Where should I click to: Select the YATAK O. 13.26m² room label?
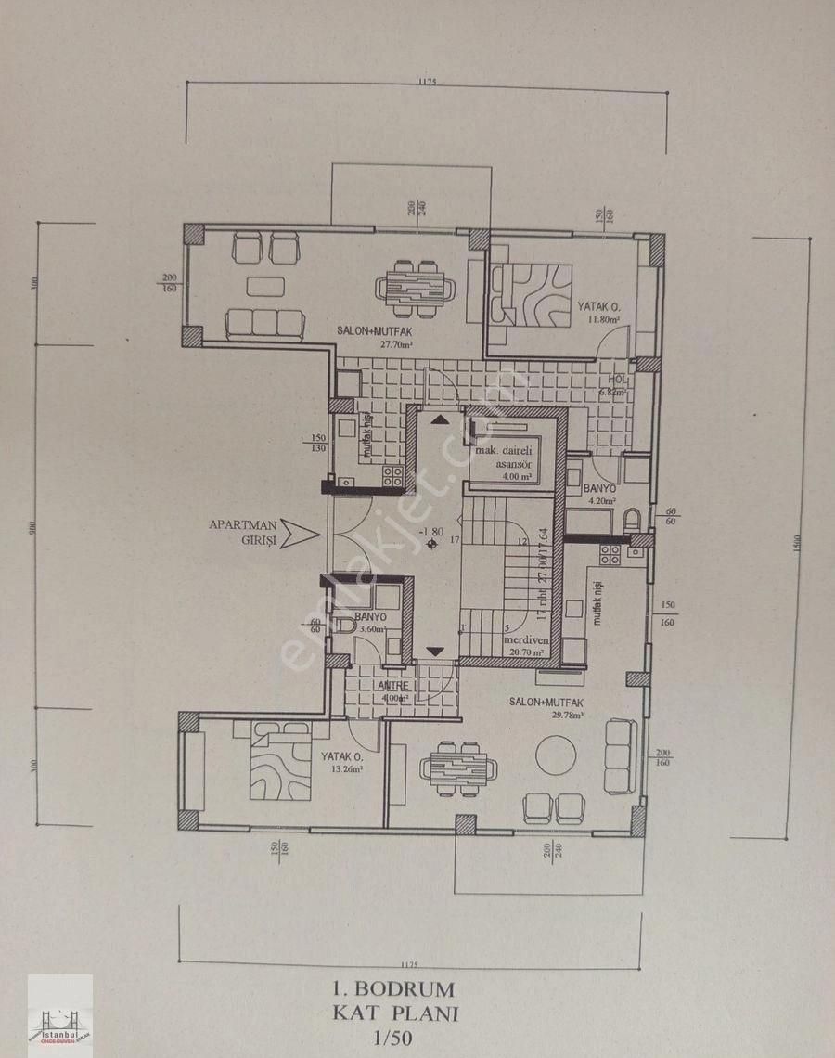pyautogui.click(x=341, y=761)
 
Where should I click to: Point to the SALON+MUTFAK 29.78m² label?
pyautogui.click(x=546, y=707)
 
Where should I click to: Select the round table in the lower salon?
pyautogui.click(x=556, y=755)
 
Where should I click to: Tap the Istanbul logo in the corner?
pyautogui.click(x=60, y=1016)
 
